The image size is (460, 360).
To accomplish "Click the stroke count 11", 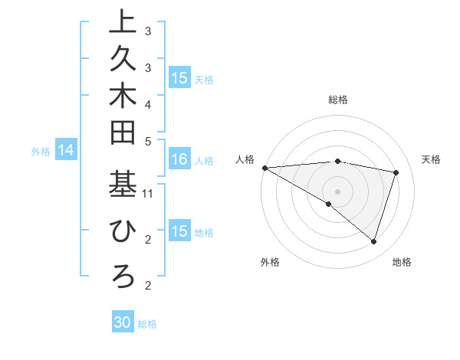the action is point(148,194).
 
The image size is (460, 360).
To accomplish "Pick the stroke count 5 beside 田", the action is point(148,140).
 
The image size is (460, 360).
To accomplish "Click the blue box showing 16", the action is point(179,160).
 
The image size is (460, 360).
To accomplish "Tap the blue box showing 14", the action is point(66,151).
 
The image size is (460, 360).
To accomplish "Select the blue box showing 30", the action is point(123,323).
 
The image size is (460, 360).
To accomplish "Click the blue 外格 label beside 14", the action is point(41,152).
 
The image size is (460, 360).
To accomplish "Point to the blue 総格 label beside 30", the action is point(147,324).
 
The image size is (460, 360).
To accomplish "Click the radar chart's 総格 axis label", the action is point(338,99).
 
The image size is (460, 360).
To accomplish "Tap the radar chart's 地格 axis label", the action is point(402,262).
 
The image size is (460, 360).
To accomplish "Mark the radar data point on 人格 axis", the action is point(264,167).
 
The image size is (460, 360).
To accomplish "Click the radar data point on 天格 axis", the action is point(396,172).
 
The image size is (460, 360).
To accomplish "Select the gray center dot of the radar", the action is point(337,191).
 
